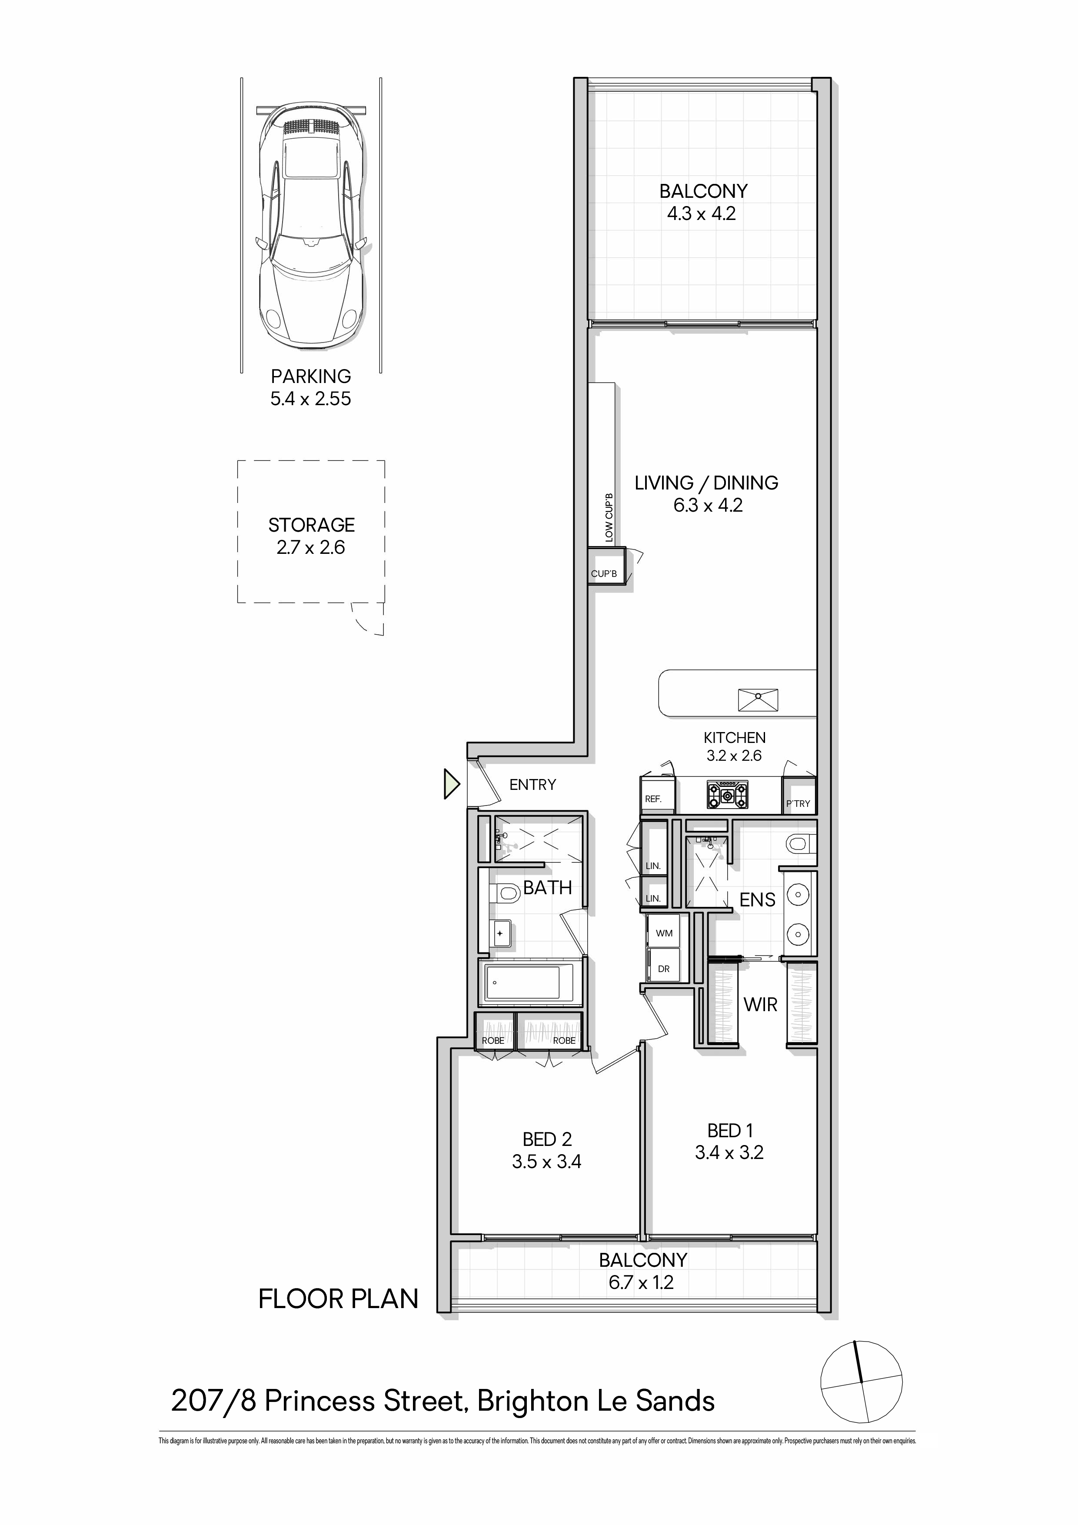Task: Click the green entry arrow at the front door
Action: pos(452,784)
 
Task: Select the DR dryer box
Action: pos(664,969)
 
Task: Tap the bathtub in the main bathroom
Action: pos(530,983)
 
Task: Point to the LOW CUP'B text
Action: pos(609,517)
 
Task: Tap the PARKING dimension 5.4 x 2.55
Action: pos(311,399)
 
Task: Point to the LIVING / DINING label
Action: pos(707,483)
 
